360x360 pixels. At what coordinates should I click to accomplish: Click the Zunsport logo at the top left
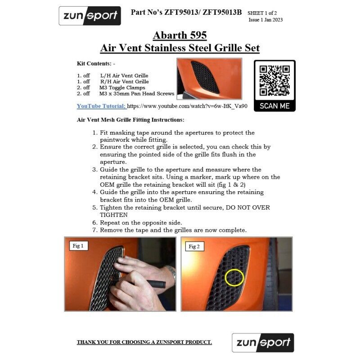pos(90,16)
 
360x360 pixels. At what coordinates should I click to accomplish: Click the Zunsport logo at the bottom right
pos(263,342)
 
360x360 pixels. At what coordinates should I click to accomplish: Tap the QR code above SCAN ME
pos(274,81)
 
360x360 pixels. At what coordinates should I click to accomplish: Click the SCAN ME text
pos(274,106)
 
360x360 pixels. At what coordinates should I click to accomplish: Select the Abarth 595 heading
pos(180,36)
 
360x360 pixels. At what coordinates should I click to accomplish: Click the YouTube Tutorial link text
pos(101,106)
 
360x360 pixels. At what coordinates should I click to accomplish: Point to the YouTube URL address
pos(187,106)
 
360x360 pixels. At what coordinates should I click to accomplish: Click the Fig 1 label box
pos(78,246)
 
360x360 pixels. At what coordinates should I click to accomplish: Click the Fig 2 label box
pos(194,247)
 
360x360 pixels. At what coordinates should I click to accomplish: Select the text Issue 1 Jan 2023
pos(265,20)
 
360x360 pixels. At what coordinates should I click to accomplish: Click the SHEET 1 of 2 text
pos(262,13)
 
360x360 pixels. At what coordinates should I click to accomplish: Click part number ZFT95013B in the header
pos(222,12)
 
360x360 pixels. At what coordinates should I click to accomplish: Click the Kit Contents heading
pos(96,63)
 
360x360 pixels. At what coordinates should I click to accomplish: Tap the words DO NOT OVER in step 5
pos(248,207)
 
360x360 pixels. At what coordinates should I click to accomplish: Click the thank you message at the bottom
pos(144,342)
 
